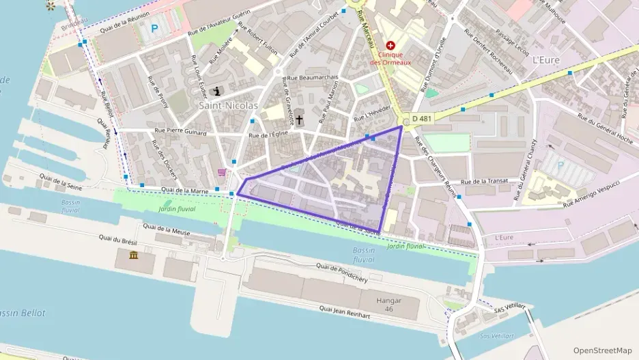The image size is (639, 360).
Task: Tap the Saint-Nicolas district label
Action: point(228,106)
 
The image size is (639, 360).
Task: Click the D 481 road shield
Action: point(421,119)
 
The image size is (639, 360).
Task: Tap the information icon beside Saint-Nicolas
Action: point(218,91)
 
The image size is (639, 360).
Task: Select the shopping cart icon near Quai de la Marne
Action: point(221,172)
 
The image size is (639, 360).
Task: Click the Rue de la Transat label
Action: point(485,182)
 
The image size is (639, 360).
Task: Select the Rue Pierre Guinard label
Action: point(180,132)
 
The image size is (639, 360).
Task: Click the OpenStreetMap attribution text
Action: point(602,350)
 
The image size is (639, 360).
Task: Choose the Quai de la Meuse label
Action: point(167,230)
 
